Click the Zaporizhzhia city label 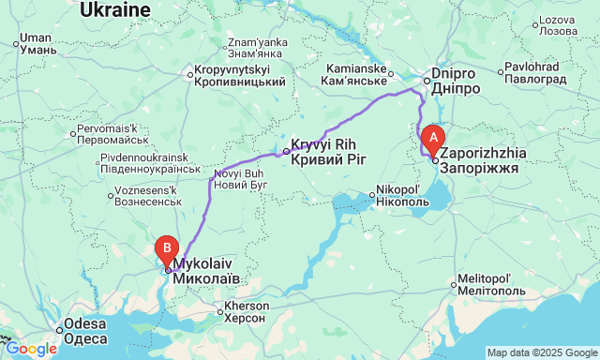coord(484,158)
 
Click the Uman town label coord(35,44)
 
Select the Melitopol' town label coord(485,286)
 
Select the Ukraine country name coord(115,9)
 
